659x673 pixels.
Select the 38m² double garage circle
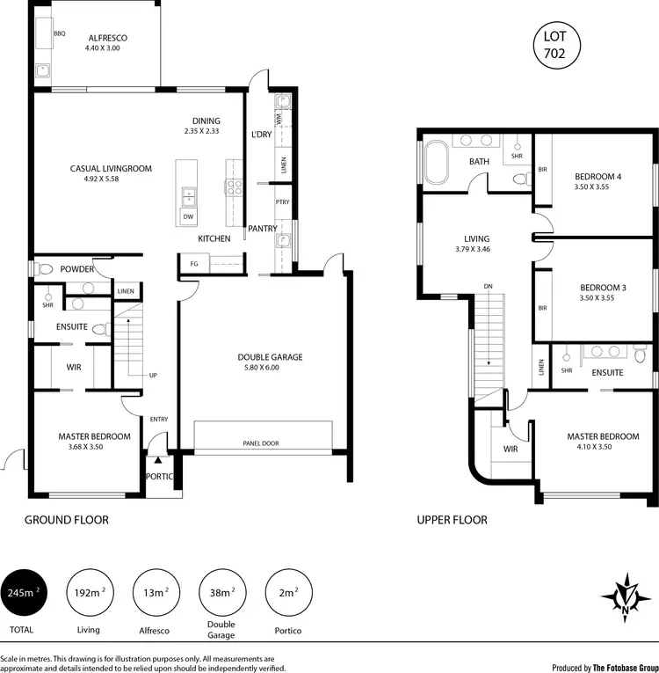[x=222, y=593]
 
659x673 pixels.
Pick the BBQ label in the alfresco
[x=60, y=33]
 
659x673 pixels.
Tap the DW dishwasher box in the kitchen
[x=189, y=217]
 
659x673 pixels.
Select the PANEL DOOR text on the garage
[x=261, y=443]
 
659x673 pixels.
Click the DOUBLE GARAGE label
[x=270, y=357]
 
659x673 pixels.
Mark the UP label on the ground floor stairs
[x=153, y=376]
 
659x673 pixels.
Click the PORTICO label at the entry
[x=160, y=477]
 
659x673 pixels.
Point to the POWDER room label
[x=77, y=269]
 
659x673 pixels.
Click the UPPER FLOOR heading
[x=452, y=520]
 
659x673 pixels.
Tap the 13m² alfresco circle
[x=156, y=593]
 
